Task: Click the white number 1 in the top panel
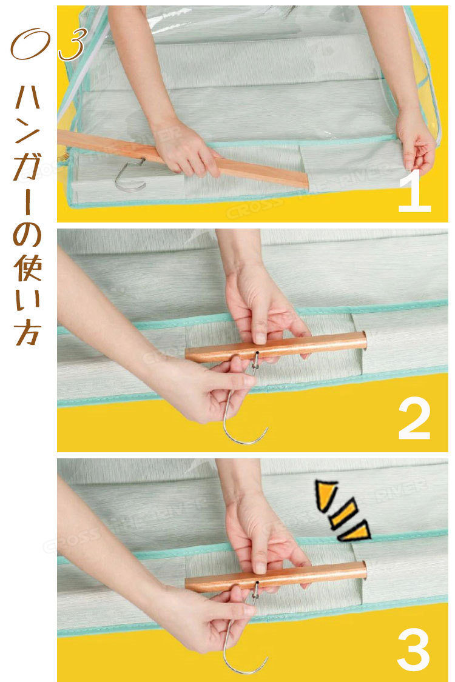coord(415,192)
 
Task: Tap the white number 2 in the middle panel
coord(414,418)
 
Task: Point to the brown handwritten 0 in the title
coord(30,44)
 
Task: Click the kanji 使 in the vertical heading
coord(28,268)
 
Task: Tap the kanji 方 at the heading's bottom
coord(28,332)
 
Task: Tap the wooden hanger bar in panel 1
coord(183,159)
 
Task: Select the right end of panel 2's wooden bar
coord(364,339)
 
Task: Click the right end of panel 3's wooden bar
coord(364,569)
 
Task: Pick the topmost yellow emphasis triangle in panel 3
coord(326,494)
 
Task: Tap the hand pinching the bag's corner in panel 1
coord(416,139)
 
